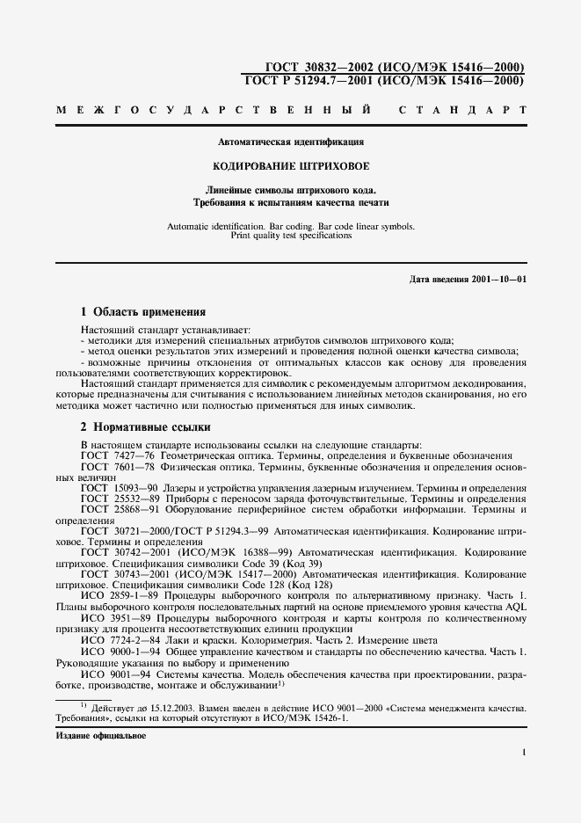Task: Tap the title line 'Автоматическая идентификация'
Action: coord(291,142)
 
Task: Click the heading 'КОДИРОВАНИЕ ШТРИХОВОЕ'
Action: coord(291,166)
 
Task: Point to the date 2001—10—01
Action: coord(497,280)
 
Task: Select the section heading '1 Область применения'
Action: coord(143,311)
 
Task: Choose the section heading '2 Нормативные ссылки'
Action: coord(146,427)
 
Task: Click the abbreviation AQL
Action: coord(514,607)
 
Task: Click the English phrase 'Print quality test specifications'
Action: coord(291,236)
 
